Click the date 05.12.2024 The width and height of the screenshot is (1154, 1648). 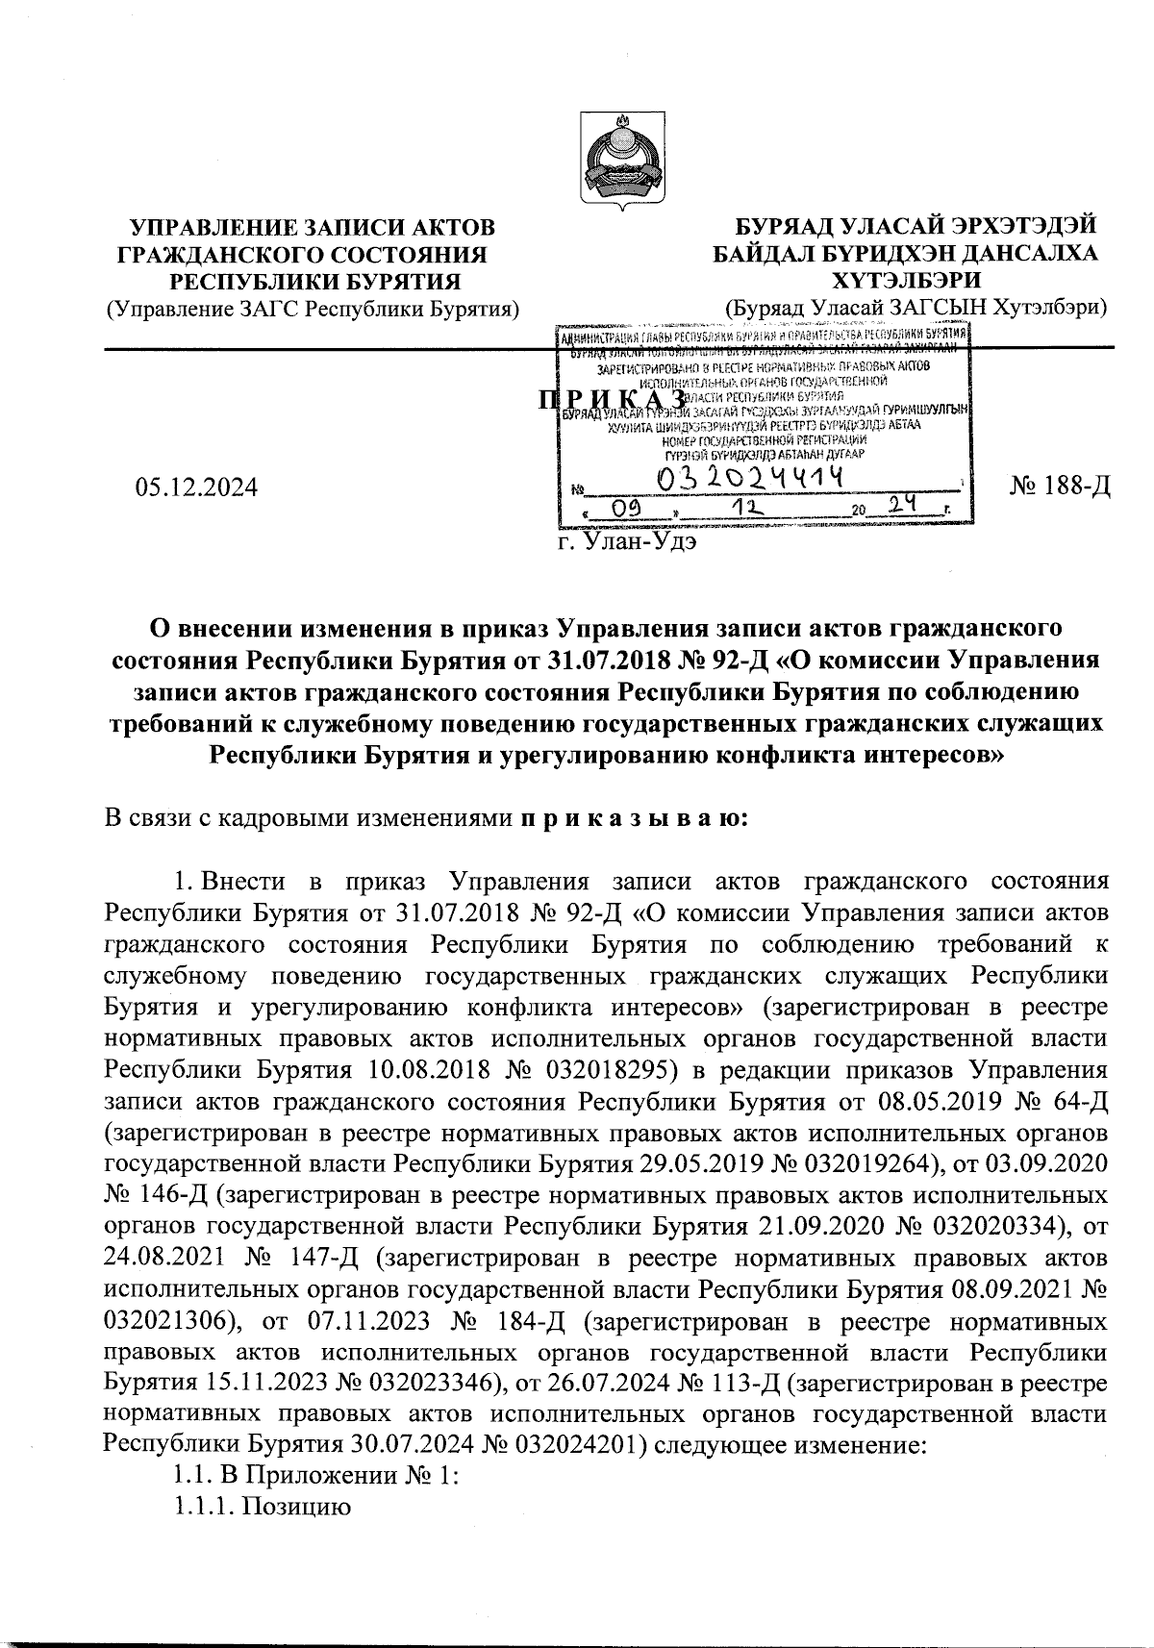click(x=197, y=487)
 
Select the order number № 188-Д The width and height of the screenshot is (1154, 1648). click(x=1060, y=487)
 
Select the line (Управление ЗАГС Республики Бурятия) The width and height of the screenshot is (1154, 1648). click(x=313, y=308)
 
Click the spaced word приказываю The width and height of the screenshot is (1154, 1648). click(x=629, y=819)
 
